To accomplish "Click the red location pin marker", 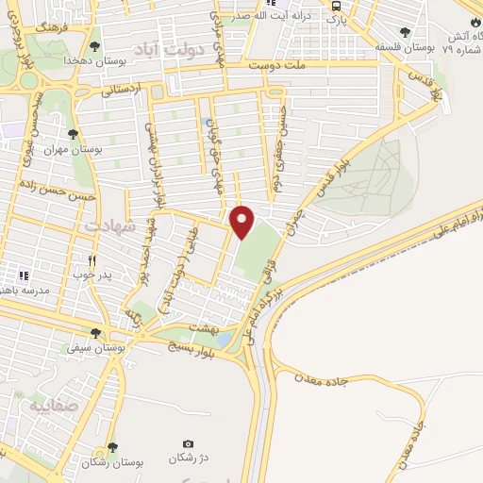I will (x=243, y=221).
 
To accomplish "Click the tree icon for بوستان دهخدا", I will (x=93, y=45).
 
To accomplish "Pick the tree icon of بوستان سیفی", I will (x=94, y=332).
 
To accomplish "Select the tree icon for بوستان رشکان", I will (x=112, y=447).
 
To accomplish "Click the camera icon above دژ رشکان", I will (x=188, y=443).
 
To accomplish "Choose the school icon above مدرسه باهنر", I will (x=24, y=275).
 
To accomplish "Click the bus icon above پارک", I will (x=336, y=5).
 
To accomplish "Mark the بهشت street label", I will (x=205, y=326).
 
